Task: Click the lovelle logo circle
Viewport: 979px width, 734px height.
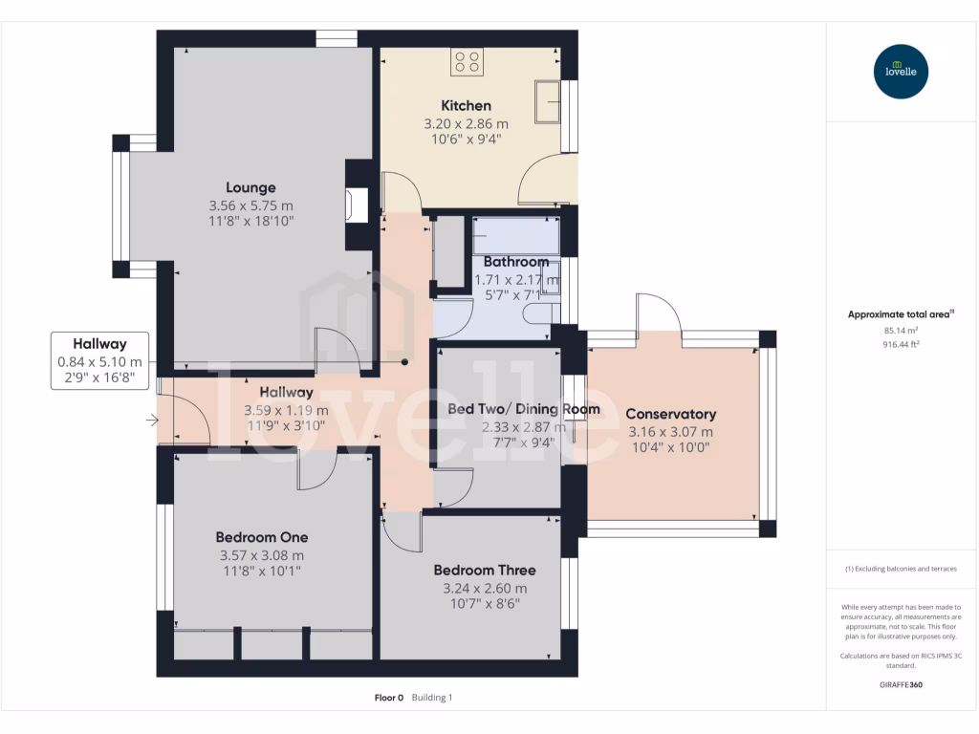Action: pyautogui.click(x=902, y=72)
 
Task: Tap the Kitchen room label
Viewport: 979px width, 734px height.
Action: pyautogui.click(x=466, y=105)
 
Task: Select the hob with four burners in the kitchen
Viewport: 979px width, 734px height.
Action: pyautogui.click(x=468, y=62)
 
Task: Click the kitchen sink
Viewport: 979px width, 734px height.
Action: pyautogui.click(x=548, y=102)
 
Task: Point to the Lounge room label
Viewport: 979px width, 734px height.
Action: pyautogui.click(x=250, y=187)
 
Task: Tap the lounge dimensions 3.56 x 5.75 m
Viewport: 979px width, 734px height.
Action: pyautogui.click(x=250, y=205)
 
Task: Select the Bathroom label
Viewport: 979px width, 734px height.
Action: pyautogui.click(x=516, y=262)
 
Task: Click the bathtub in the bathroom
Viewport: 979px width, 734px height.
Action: pyautogui.click(x=516, y=235)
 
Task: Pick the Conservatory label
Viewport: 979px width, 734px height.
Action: pyautogui.click(x=670, y=414)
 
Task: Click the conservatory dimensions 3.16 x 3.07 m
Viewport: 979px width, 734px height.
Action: pyautogui.click(x=670, y=431)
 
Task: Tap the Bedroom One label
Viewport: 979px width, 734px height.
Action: pyautogui.click(x=262, y=537)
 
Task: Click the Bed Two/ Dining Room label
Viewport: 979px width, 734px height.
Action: pyautogui.click(x=524, y=409)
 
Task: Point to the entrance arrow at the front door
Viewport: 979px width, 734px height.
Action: pyautogui.click(x=151, y=420)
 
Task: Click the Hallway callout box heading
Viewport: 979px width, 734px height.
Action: pyautogui.click(x=100, y=344)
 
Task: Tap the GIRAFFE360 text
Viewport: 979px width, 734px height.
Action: pyautogui.click(x=901, y=684)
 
